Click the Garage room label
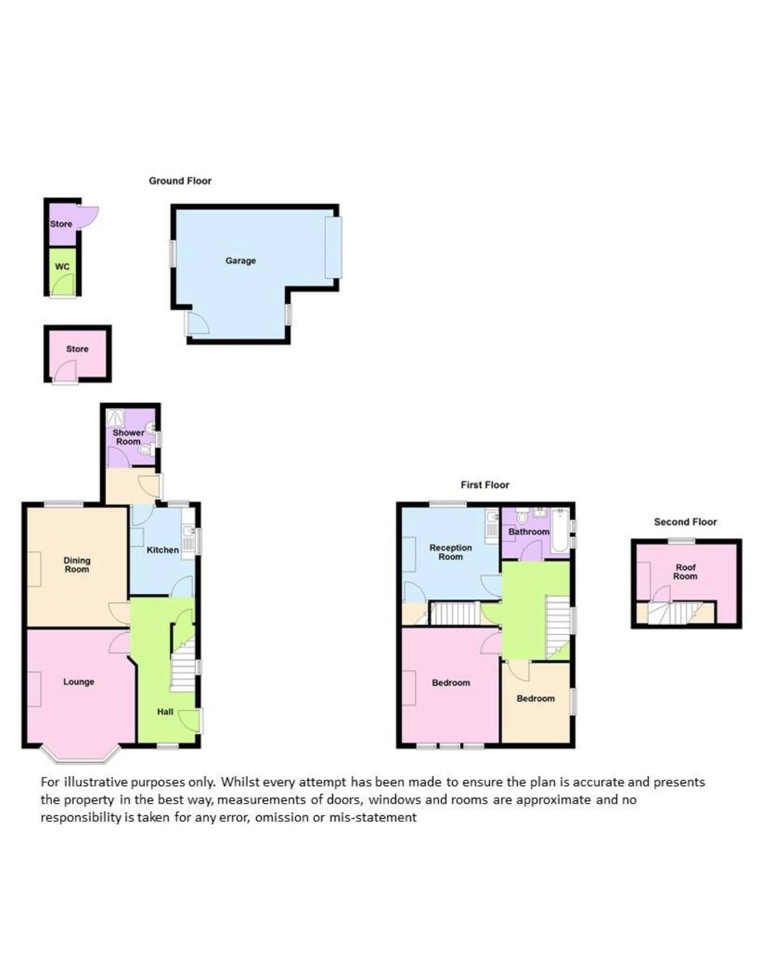point(240,260)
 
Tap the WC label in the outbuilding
point(62,267)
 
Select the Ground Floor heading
point(180,181)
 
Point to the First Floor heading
point(485,485)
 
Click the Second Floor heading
point(686,522)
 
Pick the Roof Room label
point(686,572)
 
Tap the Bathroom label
point(529,532)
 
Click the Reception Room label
point(450,552)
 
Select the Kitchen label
point(163,550)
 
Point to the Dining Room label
point(77,565)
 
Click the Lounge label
point(79,681)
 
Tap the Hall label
point(165,712)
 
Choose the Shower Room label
point(129,437)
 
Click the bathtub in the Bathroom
point(560,530)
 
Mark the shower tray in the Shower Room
point(116,418)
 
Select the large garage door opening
point(334,247)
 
